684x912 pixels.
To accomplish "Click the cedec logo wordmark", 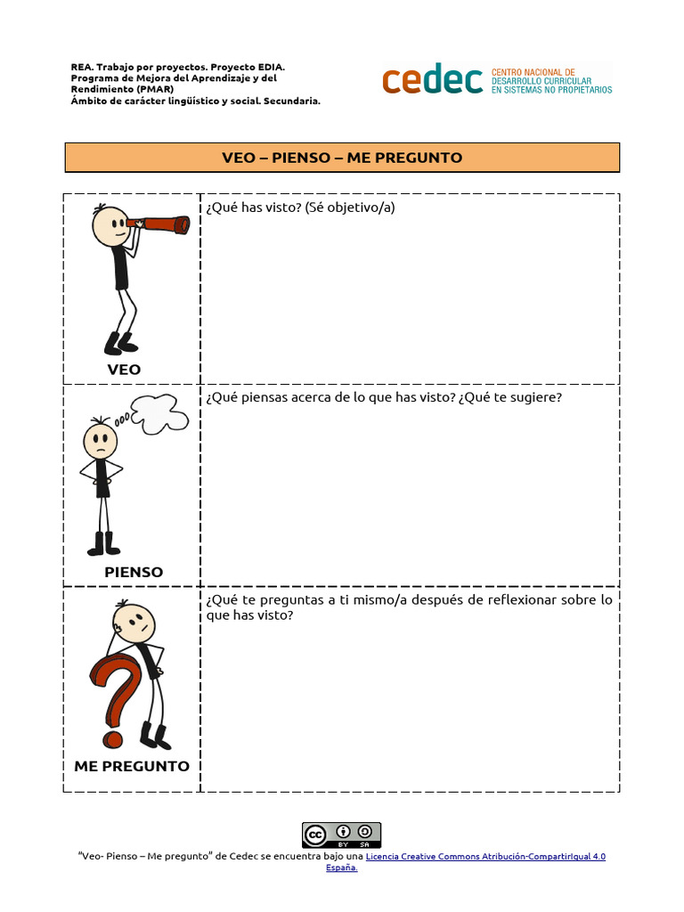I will pyautogui.click(x=433, y=80).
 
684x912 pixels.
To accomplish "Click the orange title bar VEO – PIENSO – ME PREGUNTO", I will pyautogui.click(x=342, y=158).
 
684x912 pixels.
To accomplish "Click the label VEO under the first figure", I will pyautogui.click(x=124, y=370).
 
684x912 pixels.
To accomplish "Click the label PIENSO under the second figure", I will pyautogui.click(x=134, y=572).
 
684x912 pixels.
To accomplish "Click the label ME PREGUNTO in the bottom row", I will pyautogui.click(x=132, y=766).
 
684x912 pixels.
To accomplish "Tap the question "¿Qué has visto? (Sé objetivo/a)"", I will pyautogui.click(x=300, y=208).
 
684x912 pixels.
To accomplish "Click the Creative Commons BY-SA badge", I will pyautogui.click(x=341, y=835).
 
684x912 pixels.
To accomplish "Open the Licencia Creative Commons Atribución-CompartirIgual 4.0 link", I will pyautogui.click(x=485, y=856).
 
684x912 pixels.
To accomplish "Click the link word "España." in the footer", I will pyautogui.click(x=341, y=867).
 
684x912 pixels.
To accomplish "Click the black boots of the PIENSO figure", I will pyautogui.click(x=103, y=544).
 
